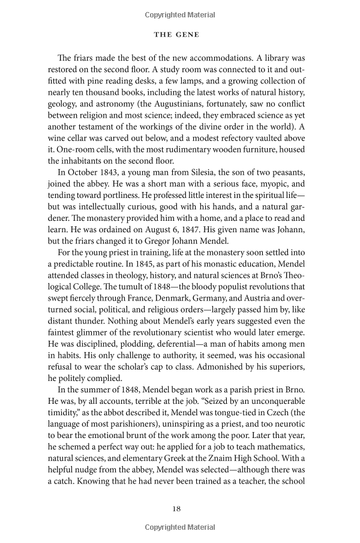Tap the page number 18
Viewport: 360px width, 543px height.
pos(175,508)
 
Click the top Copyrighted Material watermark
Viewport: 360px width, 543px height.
pos(180,13)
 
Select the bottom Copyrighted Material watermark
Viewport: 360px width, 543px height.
pos(180,527)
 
